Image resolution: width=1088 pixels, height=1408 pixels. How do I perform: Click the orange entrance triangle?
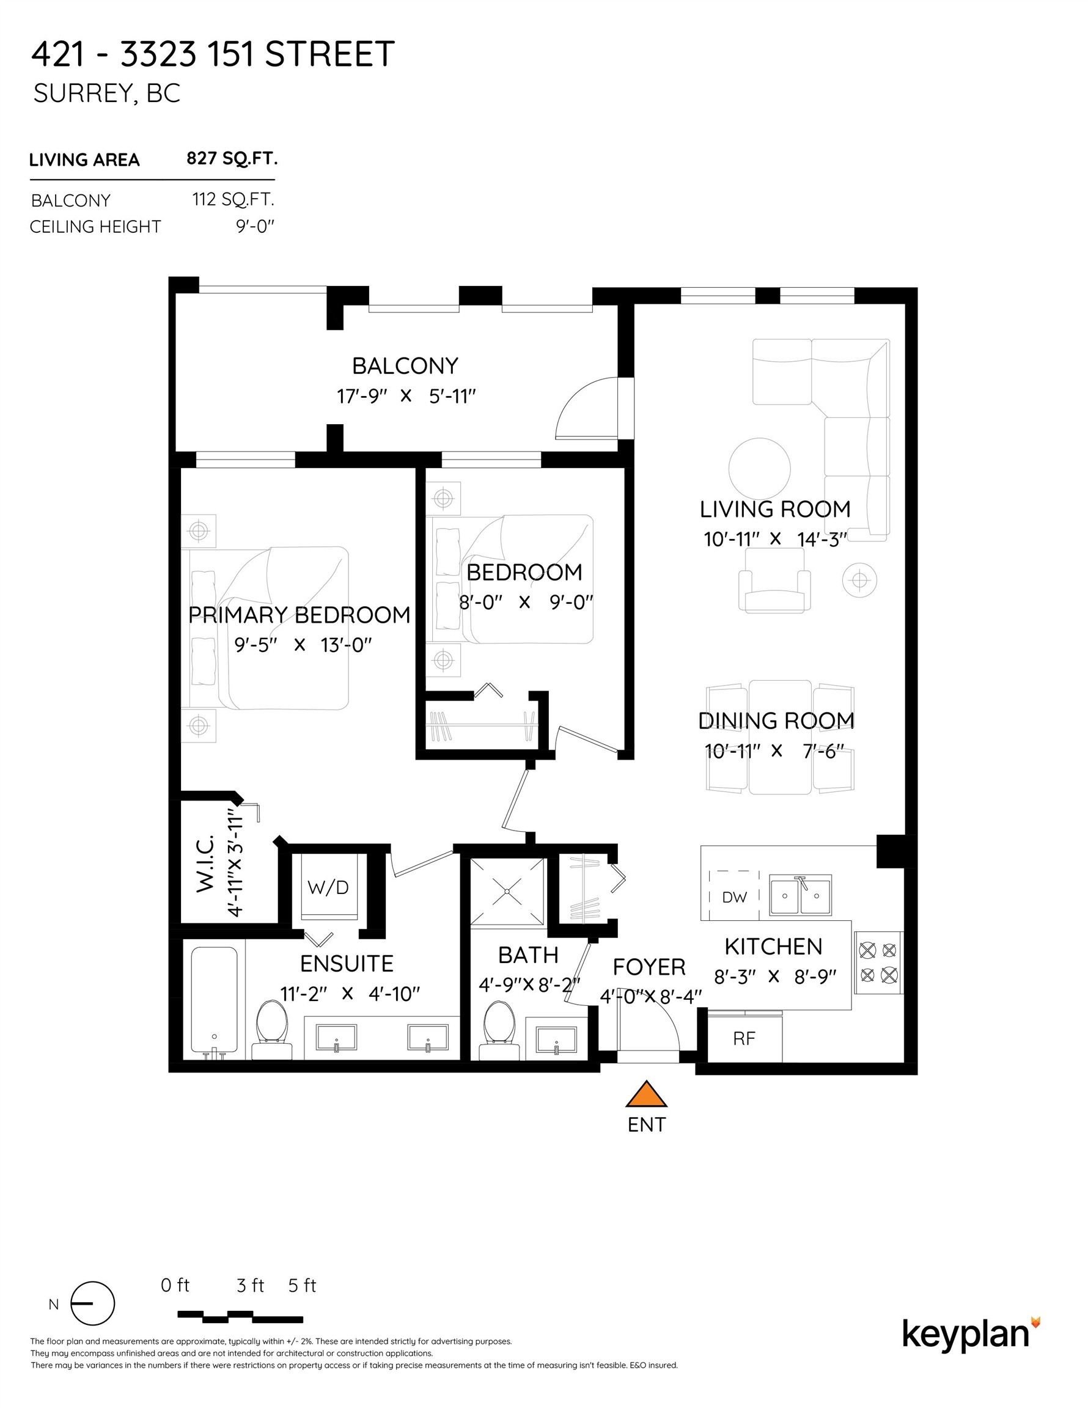coord(646,1095)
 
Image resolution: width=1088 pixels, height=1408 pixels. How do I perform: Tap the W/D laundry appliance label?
coord(328,888)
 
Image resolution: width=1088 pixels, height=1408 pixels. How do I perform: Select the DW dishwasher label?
coord(734,897)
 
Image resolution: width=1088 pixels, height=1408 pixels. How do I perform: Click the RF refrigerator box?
coord(744,1038)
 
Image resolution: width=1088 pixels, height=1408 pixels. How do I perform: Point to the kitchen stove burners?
coord(878,962)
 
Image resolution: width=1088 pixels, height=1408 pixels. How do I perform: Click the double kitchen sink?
coord(800,895)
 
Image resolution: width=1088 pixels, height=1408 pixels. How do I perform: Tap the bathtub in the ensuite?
coord(213,1000)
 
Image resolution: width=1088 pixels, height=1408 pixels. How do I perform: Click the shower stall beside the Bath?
coord(507,892)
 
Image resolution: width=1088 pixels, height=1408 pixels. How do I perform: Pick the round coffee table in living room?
coord(759,469)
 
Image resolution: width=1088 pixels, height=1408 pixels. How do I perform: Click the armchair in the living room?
coord(774,582)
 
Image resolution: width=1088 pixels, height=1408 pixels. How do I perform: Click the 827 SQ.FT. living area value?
coord(232,159)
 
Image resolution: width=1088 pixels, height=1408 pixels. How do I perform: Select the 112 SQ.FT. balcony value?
coord(233,199)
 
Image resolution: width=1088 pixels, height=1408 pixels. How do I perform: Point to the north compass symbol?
coord(92,1303)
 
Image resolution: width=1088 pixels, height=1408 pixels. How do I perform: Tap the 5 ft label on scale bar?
coord(302,1286)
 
